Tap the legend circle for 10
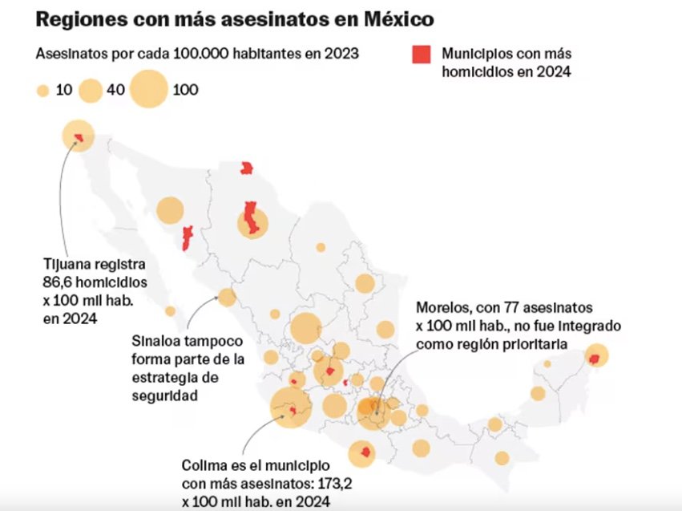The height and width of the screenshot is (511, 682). [x=43, y=90]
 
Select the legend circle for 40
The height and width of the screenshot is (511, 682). [x=91, y=90]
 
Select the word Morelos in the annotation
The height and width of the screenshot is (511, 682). [x=441, y=307]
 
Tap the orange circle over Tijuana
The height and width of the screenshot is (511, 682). [x=78, y=136]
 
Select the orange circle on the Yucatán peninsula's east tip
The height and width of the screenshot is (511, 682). [x=596, y=355]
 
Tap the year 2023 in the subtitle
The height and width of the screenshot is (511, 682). [x=341, y=54]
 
